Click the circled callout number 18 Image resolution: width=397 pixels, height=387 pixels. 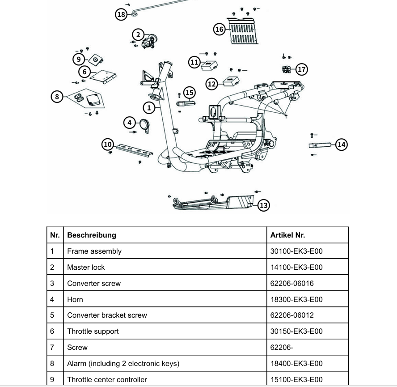coord(121,14)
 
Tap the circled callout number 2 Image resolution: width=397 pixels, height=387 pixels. coord(138,34)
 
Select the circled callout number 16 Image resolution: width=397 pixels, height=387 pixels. coord(219,30)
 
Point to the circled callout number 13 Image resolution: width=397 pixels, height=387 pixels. coord(264,205)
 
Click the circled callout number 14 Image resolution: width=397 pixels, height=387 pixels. coord(342,144)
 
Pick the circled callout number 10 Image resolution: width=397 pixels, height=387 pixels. coord(107,144)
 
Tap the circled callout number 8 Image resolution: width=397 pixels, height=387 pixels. coord(57,96)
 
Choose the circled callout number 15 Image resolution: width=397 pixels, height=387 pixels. coord(189,93)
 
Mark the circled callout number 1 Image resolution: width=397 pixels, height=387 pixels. coord(149,107)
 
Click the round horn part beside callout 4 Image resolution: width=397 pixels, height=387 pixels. coord(144,125)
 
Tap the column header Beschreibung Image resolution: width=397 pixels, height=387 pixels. coord(92,235)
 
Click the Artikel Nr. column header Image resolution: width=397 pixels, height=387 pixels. coord(287,235)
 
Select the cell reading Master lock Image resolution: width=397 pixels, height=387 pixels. coord(86,267)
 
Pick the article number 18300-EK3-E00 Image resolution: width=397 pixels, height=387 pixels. coord(296,299)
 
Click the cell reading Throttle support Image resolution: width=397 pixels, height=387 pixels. coord(93,331)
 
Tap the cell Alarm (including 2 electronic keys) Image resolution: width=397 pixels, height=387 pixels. coord(123,363)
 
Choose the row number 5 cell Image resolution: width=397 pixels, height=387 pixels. coord(52,315)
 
